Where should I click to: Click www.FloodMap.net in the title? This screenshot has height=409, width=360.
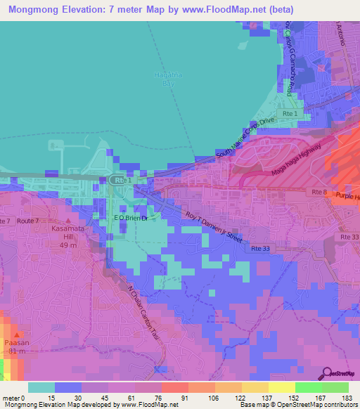(x=226, y=9)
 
